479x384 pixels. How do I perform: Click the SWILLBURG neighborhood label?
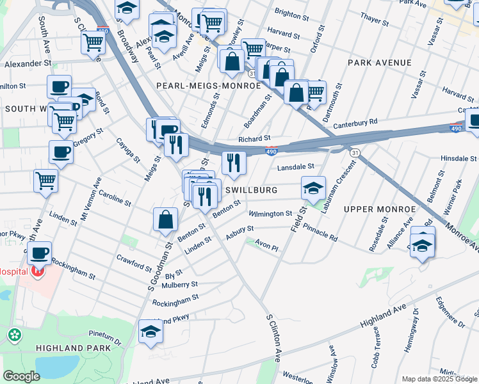[x=251, y=190]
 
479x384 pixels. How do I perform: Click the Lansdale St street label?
[x=295, y=167]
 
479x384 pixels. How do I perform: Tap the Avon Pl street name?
[x=267, y=246]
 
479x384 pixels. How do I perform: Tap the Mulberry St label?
[x=181, y=284]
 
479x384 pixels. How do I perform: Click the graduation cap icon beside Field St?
[x=313, y=188]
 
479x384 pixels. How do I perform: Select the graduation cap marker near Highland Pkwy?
[x=151, y=331]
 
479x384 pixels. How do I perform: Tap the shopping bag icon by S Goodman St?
[x=165, y=220]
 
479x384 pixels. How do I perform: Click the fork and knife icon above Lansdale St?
[x=234, y=163]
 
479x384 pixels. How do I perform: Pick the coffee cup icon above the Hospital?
[x=39, y=252]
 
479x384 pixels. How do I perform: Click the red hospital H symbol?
[x=38, y=271]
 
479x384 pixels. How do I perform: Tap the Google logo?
[x=21, y=376]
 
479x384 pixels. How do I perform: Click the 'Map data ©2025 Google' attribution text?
[x=438, y=379]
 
